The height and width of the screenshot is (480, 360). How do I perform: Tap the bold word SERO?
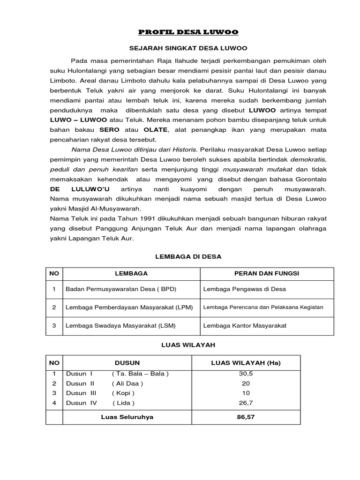pos(109,129)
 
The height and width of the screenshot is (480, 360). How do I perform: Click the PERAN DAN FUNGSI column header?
pos(267,273)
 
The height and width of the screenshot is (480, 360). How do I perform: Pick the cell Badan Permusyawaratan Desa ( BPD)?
pos(121,290)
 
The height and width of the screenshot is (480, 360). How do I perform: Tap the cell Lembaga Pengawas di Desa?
pos(244,290)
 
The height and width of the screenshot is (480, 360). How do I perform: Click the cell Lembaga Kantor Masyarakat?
pos(245,325)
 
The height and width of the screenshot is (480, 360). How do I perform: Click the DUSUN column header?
pos(127,363)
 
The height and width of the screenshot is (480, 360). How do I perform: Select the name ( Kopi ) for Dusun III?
pos(123,393)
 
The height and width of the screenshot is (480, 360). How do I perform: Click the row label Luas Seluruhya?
pos(127,417)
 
